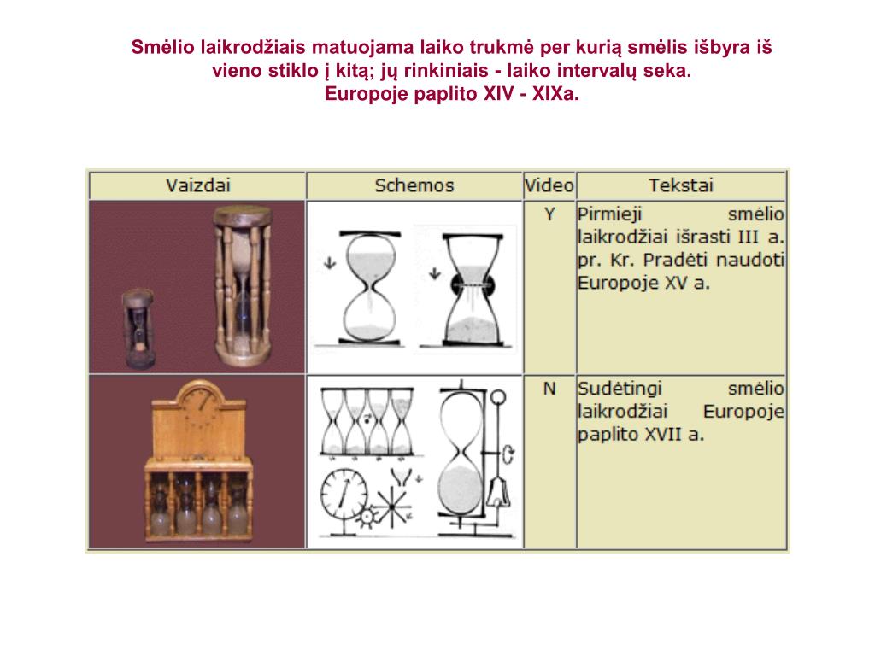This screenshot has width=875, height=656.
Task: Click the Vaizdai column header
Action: tap(198, 185)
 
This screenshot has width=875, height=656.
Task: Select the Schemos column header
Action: tap(414, 185)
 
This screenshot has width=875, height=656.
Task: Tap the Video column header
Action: tap(549, 185)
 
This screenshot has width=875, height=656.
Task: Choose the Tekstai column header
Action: tap(681, 185)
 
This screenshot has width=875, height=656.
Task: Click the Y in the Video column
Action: tap(549, 214)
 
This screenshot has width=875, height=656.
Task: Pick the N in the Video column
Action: tap(549, 389)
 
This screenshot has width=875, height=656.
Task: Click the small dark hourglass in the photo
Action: tap(138, 329)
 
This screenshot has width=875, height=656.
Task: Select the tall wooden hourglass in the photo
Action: tap(244, 285)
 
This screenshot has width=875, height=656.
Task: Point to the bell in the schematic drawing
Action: tap(498, 493)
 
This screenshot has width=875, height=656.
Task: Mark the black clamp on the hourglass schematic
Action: tap(473, 285)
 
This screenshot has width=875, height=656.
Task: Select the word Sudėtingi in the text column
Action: tap(620, 389)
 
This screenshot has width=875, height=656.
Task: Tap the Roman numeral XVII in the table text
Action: tap(663, 435)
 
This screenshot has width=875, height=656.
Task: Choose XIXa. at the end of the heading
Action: tap(555, 94)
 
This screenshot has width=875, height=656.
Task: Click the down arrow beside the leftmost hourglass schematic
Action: tap(330, 262)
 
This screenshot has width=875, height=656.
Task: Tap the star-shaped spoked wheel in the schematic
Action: tap(392, 507)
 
